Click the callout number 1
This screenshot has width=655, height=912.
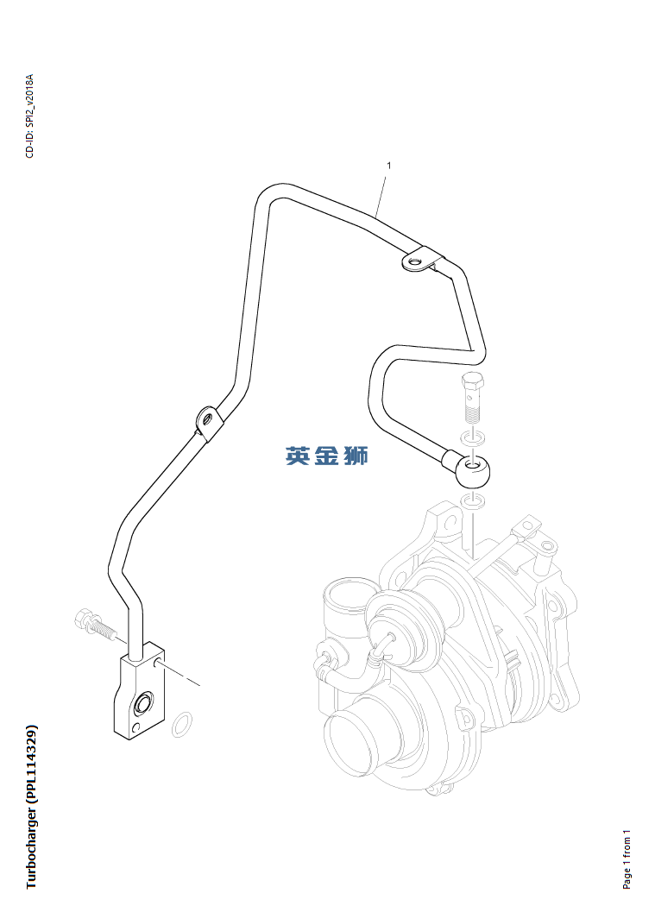[x=388, y=166]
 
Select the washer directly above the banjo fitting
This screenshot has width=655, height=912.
[x=474, y=438]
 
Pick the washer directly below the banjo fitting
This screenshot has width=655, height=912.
[x=473, y=500]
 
